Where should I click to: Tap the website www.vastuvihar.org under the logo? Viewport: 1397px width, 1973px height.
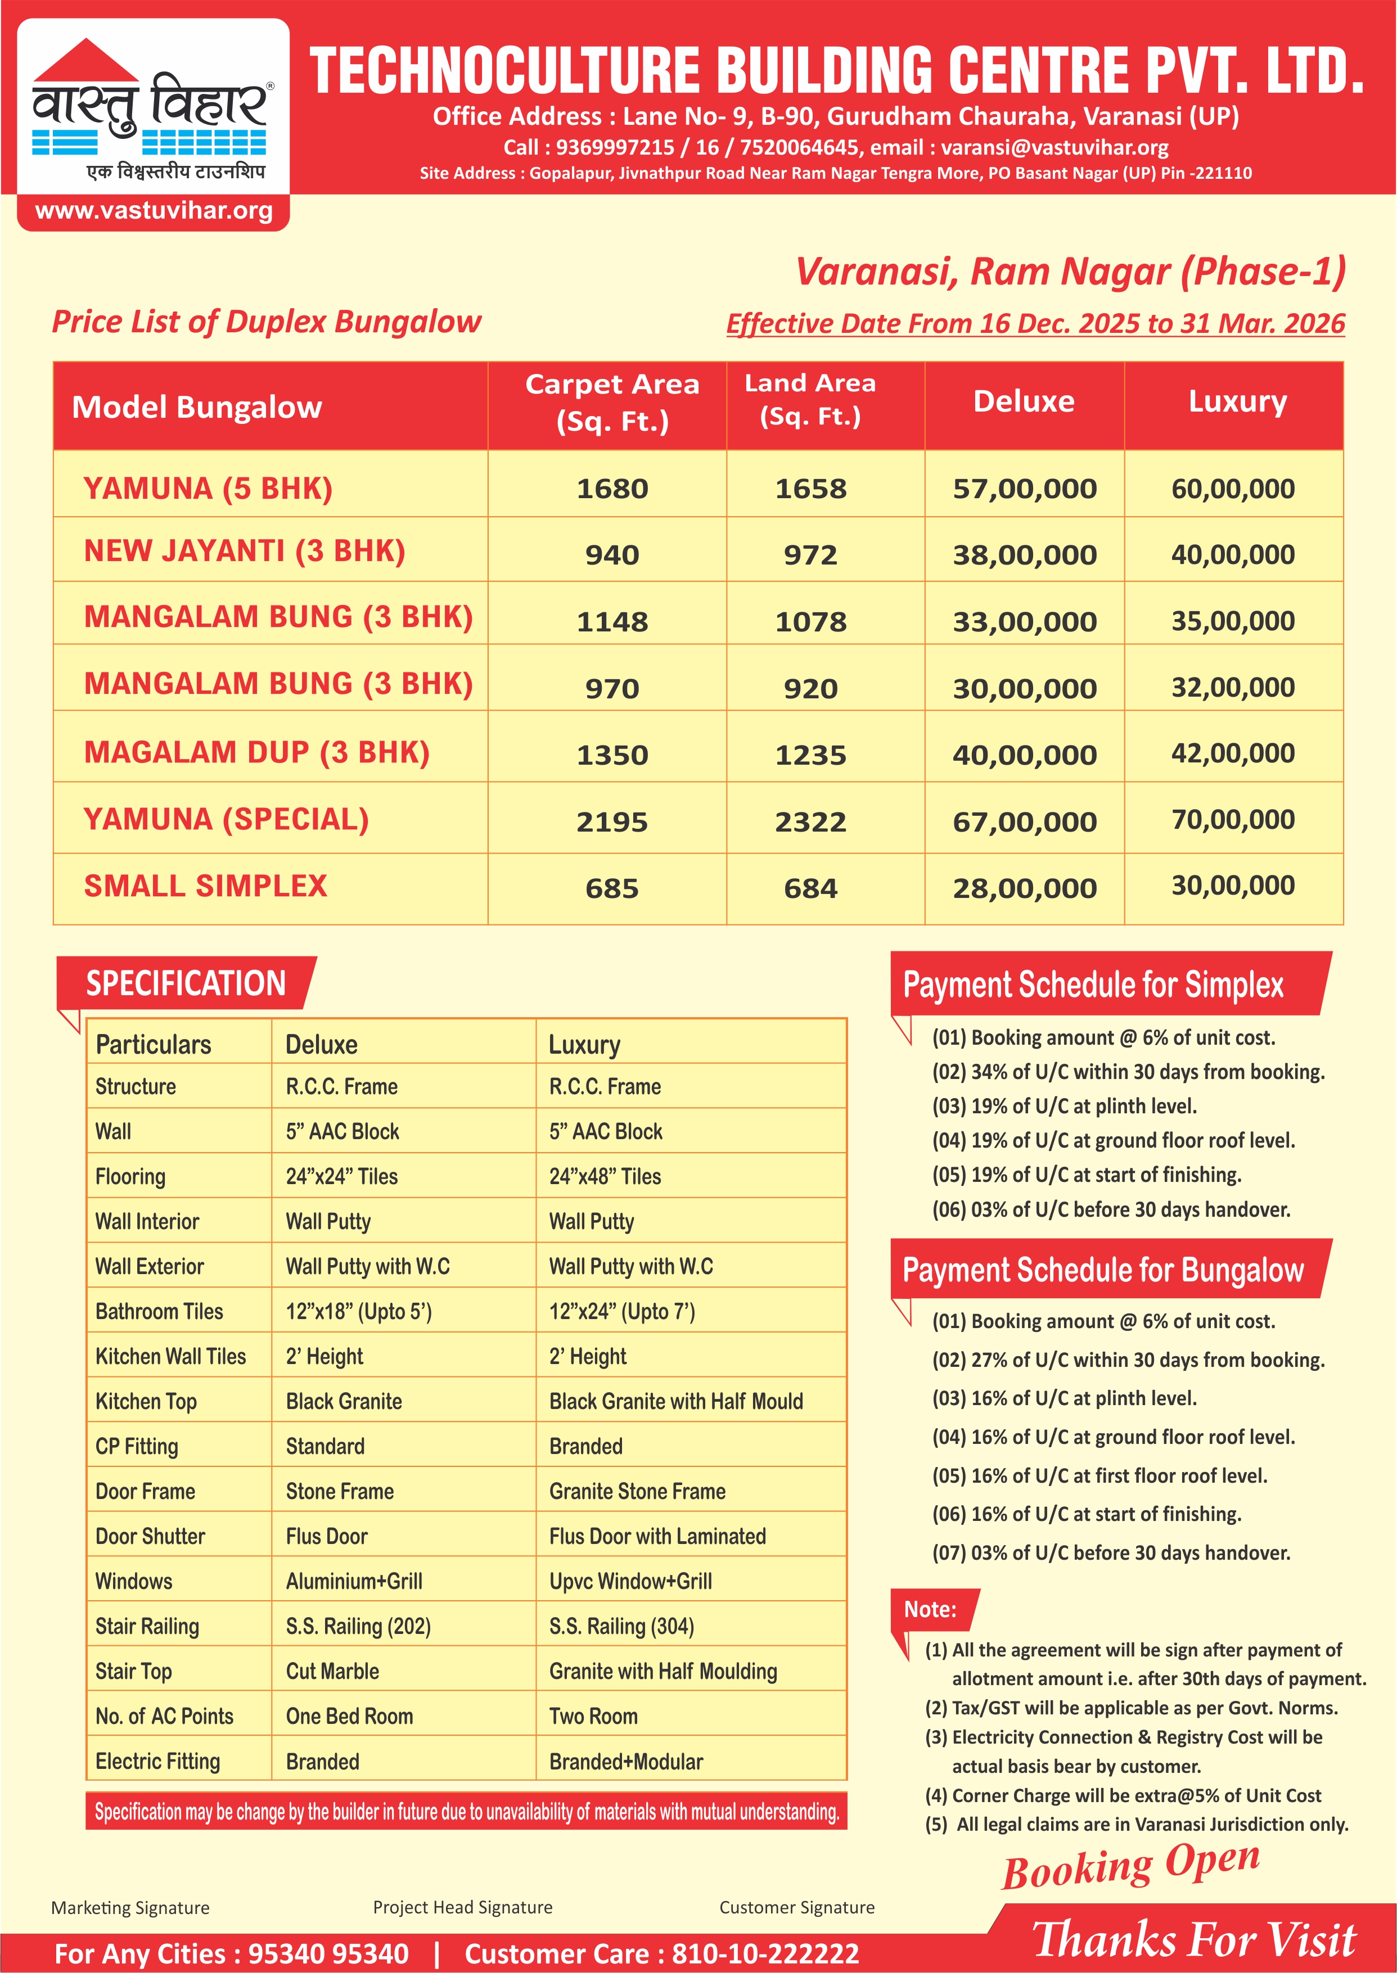[153, 211]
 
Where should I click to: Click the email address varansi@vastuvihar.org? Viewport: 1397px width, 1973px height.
[1054, 147]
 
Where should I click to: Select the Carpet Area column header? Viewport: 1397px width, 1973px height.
[612, 403]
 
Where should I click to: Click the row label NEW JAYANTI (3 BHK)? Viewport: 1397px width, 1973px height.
[244, 550]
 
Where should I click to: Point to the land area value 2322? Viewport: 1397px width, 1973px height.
[810, 821]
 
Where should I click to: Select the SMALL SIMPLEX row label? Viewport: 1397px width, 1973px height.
[206, 886]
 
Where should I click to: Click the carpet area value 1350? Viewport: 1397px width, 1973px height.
[612, 755]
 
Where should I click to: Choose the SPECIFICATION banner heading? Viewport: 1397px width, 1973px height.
[185, 983]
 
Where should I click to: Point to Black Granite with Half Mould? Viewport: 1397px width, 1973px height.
[675, 1401]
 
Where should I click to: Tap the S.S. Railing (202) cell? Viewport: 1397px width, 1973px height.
[358, 1627]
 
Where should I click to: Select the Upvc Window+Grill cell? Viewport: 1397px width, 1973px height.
[630, 1581]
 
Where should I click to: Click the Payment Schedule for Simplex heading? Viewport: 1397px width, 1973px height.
[1093, 985]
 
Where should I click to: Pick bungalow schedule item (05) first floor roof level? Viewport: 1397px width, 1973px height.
[1099, 1476]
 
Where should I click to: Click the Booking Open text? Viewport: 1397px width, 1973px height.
[1130, 1864]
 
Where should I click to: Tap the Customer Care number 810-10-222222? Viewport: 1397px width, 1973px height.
[765, 1953]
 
